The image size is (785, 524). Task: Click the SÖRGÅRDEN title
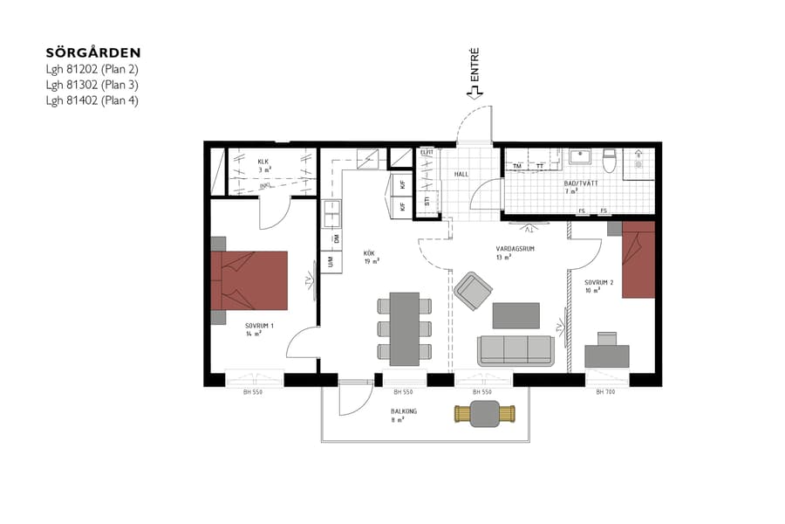point(93,53)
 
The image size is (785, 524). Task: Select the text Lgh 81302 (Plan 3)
point(92,85)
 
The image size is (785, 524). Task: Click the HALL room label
point(461,174)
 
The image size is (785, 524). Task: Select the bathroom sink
point(579,157)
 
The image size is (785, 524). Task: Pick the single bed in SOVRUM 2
point(638,259)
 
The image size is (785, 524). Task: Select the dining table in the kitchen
point(404,328)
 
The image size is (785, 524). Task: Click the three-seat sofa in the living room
point(515,350)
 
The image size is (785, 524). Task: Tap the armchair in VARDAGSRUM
point(474,290)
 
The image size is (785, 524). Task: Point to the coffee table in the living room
point(515,314)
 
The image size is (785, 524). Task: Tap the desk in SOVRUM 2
point(607,355)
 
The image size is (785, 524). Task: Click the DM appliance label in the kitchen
point(335,238)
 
